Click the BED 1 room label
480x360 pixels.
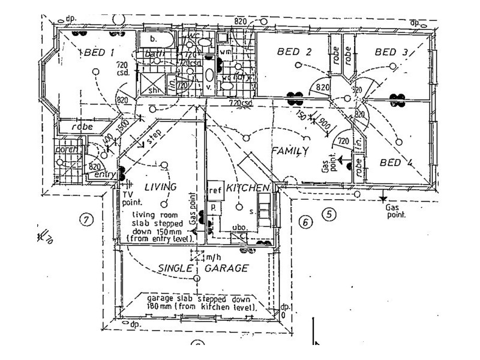pyautogui.click(x=99, y=53)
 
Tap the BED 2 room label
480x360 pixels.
pyautogui.click(x=294, y=52)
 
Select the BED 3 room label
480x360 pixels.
pyautogui.click(x=391, y=52)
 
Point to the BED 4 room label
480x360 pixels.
pyautogui.click(x=397, y=162)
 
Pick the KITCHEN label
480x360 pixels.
pyautogui.click(x=248, y=188)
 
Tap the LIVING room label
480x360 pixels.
pyautogui.click(x=161, y=187)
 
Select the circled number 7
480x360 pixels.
pyautogui.click(x=88, y=220)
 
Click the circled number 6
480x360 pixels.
pyautogui.click(x=305, y=223)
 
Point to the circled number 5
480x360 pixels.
pyautogui.click(x=329, y=213)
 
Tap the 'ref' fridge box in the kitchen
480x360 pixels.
pyautogui.click(x=215, y=190)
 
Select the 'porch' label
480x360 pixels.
pyautogui.click(x=67, y=149)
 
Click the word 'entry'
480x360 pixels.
pyautogui.click(x=105, y=175)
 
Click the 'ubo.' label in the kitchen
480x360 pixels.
pyautogui.click(x=239, y=227)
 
